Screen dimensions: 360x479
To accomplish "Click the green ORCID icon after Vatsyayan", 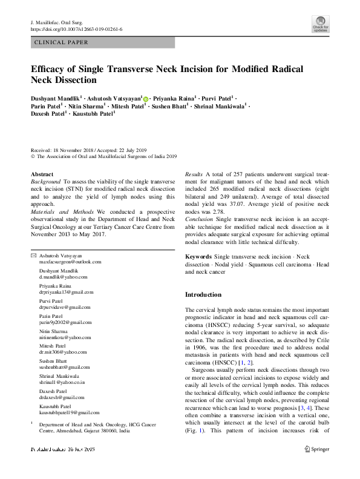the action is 146,97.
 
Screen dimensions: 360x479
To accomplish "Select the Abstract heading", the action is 42,174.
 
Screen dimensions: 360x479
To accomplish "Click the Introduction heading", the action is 203,294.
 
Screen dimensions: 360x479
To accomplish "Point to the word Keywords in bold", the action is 198,257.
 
